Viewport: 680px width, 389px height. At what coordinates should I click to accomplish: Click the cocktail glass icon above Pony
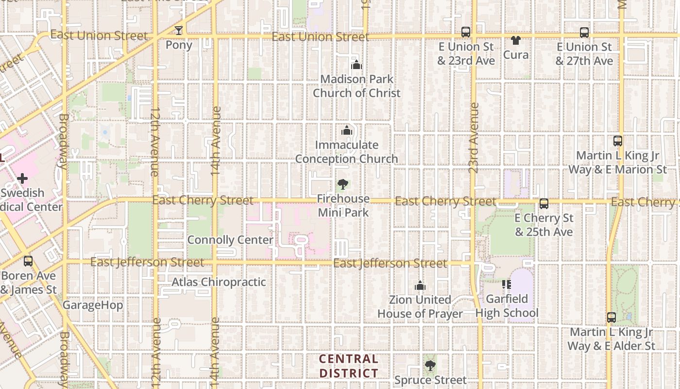179,31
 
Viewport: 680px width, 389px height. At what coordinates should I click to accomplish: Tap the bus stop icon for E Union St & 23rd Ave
465,32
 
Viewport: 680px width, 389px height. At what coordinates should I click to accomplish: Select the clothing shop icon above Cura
515,40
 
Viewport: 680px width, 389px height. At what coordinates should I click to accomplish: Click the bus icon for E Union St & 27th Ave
584,33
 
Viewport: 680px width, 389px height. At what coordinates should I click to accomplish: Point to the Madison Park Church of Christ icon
357,65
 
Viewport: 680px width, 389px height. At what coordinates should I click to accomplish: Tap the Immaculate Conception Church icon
347,130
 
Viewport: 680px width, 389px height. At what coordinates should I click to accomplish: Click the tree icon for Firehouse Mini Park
343,184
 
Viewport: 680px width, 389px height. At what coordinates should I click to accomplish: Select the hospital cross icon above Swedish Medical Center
22,178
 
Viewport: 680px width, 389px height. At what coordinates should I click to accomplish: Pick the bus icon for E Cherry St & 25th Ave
544,204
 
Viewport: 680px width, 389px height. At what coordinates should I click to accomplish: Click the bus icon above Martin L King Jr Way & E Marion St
617,141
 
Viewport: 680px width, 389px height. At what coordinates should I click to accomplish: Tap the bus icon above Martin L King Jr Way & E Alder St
611,318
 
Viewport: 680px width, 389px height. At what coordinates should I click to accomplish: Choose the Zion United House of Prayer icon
420,285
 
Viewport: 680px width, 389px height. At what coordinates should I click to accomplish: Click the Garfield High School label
507,306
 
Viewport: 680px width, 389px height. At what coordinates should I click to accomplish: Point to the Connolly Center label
230,240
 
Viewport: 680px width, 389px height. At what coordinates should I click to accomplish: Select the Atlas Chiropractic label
219,282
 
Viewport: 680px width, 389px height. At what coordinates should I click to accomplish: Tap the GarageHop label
93,305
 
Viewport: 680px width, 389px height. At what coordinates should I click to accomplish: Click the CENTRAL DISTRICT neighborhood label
349,366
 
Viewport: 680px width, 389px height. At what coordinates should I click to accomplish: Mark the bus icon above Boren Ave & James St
28,261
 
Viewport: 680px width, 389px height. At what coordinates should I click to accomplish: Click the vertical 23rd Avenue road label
474,138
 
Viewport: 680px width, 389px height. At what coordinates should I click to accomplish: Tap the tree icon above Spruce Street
430,365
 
